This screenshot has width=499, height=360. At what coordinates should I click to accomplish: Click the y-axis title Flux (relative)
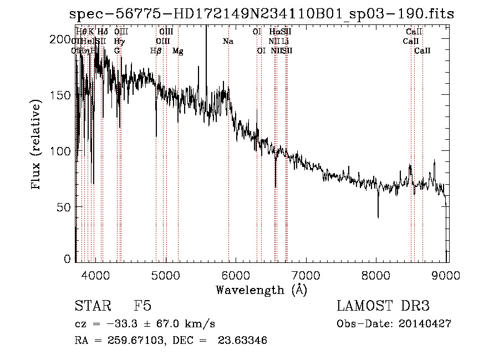tap(37, 145)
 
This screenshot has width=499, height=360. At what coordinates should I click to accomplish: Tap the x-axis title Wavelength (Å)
tap(261, 290)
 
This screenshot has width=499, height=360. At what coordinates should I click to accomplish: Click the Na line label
tap(228, 42)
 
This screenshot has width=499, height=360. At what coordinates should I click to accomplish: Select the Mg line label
tap(178, 51)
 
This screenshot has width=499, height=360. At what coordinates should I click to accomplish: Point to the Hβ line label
tap(156, 51)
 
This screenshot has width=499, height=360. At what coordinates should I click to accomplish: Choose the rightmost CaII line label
tap(422, 51)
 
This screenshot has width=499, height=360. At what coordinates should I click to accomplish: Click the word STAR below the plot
tap(91, 306)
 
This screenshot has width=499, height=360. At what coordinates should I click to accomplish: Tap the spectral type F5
tap(142, 306)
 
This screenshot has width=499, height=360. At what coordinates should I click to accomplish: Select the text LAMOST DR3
tap(383, 306)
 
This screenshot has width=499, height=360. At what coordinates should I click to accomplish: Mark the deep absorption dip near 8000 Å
tap(378, 214)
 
